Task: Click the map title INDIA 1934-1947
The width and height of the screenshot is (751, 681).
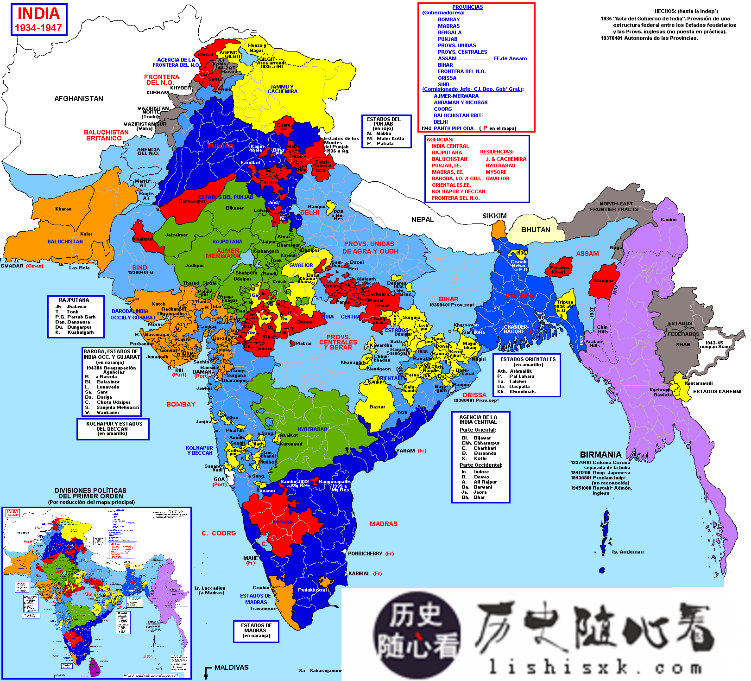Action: pyautogui.click(x=39, y=20)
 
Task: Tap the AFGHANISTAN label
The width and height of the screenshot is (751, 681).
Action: pyautogui.click(x=79, y=98)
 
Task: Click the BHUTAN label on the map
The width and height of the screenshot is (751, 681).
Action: pyautogui.click(x=536, y=229)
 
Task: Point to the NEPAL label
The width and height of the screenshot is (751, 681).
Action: pyautogui.click(x=423, y=219)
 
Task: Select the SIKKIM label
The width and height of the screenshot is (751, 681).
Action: pyautogui.click(x=494, y=216)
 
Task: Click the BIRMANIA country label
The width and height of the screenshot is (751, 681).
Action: pyautogui.click(x=600, y=454)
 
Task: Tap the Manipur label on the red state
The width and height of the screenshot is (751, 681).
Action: pyautogui.click(x=603, y=280)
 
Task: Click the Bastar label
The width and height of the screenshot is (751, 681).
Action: pyautogui.click(x=377, y=407)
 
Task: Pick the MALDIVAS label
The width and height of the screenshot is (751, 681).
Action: pyautogui.click(x=231, y=667)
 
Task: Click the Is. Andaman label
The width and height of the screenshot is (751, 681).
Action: pyautogui.click(x=627, y=552)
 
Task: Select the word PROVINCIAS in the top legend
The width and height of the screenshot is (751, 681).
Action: pyautogui.click(x=467, y=7)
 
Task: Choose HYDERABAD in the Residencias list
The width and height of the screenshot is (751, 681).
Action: pyautogui.click(x=500, y=165)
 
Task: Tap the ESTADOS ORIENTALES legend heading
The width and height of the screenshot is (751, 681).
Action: pyautogui.click(x=528, y=359)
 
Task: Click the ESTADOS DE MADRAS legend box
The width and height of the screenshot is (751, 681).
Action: pyautogui.click(x=256, y=631)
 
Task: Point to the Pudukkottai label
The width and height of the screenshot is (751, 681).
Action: pyautogui.click(x=312, y=590)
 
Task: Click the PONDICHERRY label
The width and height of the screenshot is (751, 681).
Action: pyautogui.click(x=365, y=554)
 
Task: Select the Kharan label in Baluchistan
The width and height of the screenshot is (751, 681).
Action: pyautogui.click(x=63, y=209)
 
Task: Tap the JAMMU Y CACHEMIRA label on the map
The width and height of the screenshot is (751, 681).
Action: pyautogui.click(x=282, y=89)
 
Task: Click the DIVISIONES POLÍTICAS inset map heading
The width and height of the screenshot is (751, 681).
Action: pyautogui.click(x=91, y=490)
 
